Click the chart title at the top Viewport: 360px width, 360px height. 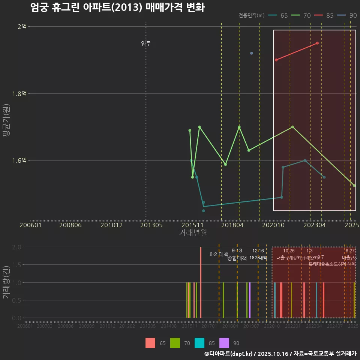point(117,7)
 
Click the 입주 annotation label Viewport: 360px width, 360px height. point(146,43)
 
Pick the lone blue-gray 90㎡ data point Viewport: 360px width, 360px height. point(252,53)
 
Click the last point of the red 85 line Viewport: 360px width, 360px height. point(317,43)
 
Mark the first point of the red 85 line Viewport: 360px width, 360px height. point(276,60)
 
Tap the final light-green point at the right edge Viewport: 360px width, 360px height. point(354,186)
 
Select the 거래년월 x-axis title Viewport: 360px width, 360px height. point(193,232)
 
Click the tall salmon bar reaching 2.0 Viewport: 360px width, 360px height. point(201,282)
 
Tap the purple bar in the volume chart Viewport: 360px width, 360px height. point(250,300)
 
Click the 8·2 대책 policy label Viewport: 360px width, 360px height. point(219,254)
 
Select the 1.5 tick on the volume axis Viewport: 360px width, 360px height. point(16,265)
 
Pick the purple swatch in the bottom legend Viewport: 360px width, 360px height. point(224,343)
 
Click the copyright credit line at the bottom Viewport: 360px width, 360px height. point(280,354)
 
